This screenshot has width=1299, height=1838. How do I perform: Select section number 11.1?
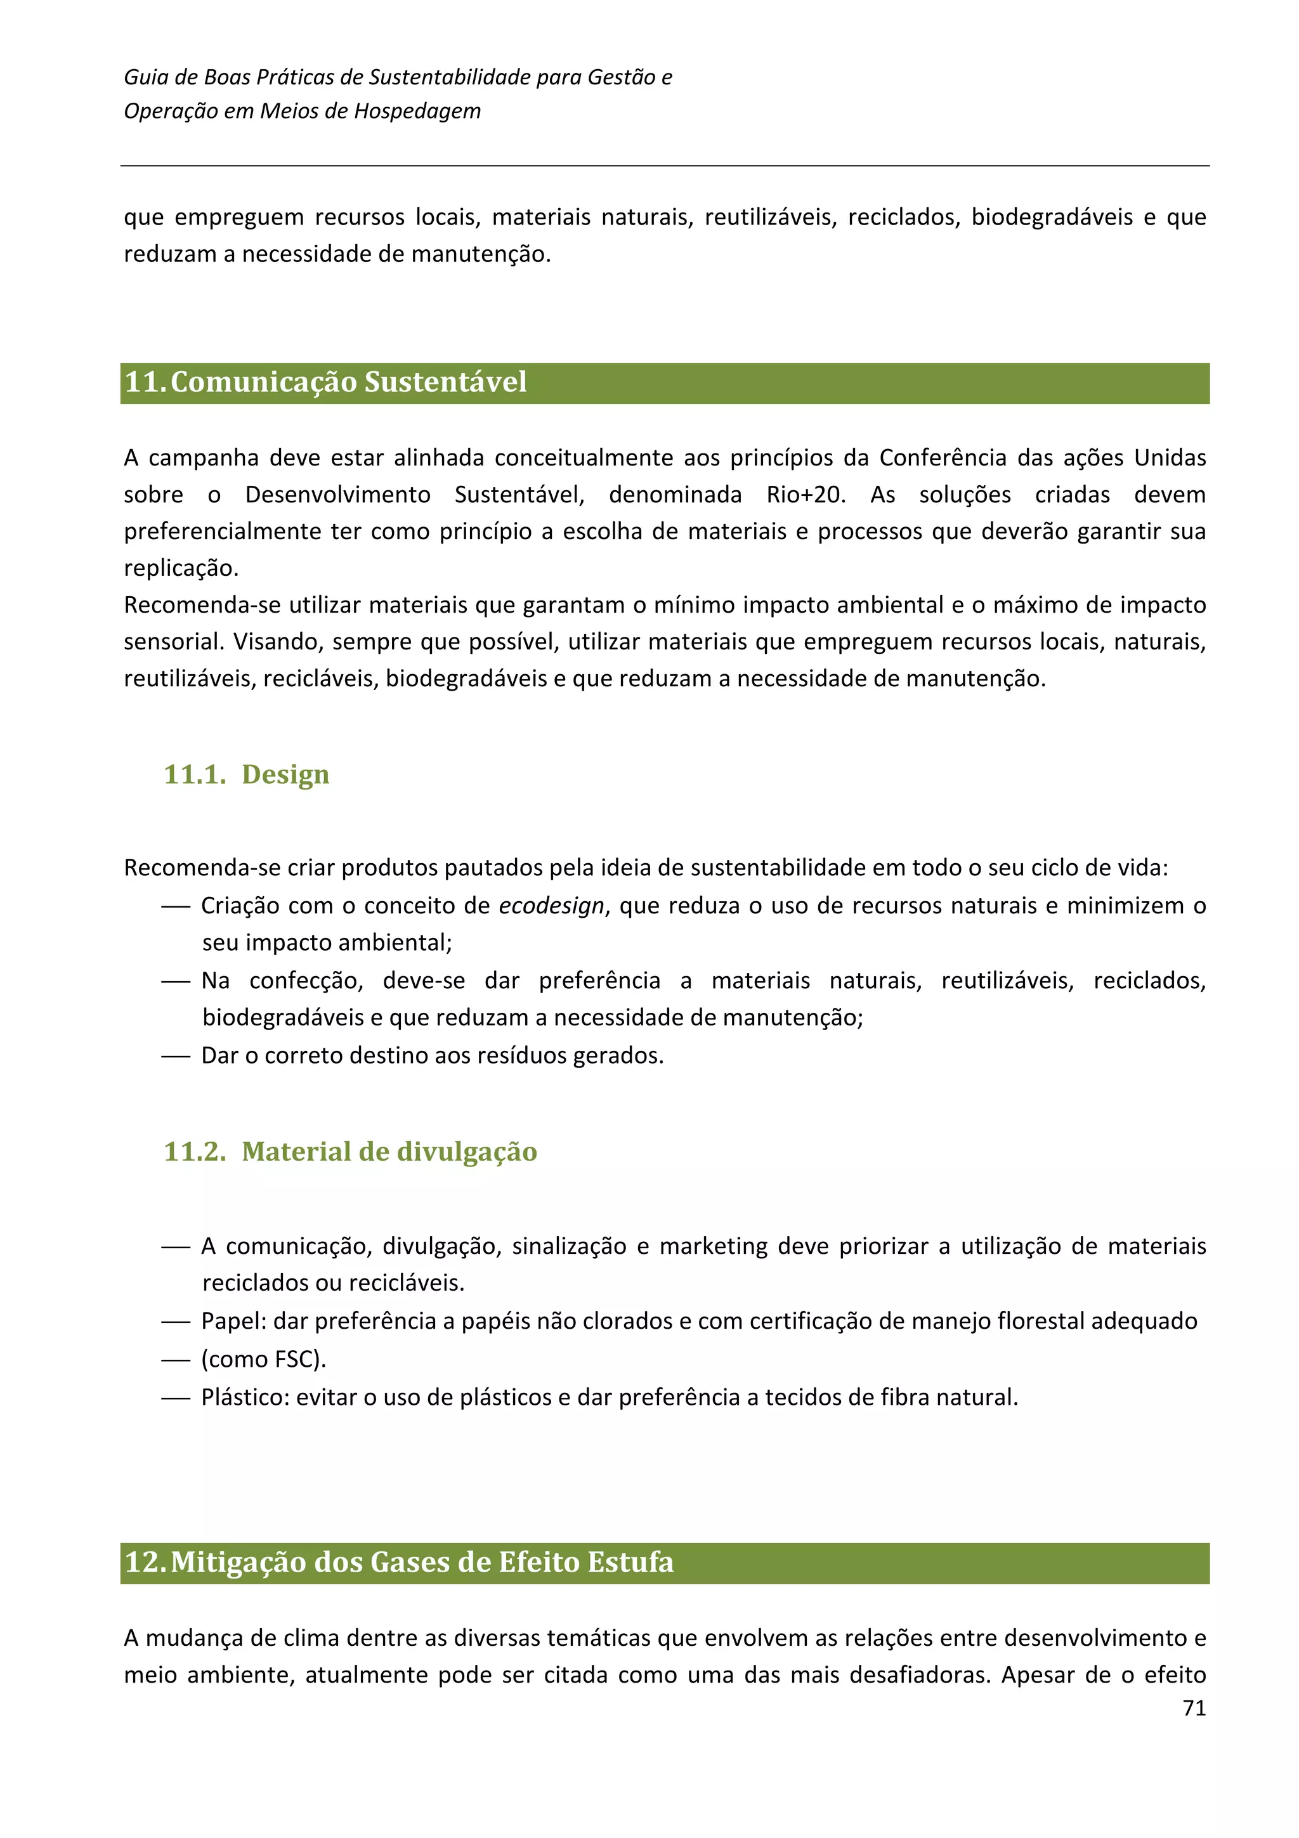tap(195, 774)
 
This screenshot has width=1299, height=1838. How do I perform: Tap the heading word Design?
tap(285, 774)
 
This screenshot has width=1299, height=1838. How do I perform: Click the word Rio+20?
tap(805, 494)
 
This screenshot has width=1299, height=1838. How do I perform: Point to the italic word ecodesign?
tap(551, 906)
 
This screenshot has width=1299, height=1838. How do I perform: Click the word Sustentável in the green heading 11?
tap(445, 382)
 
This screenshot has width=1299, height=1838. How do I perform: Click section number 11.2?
tap(195, 1151)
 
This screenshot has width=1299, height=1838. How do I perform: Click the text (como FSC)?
tap(263, 1359)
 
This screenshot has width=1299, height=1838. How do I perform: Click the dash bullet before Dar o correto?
tap(175, 1057)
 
